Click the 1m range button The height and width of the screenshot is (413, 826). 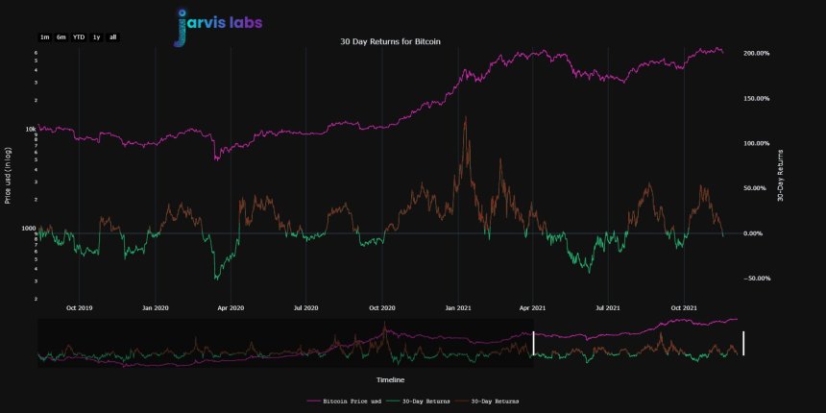44,36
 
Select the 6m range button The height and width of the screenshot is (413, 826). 61,36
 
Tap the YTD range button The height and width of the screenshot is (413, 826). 79,36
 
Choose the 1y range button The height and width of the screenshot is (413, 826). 96,36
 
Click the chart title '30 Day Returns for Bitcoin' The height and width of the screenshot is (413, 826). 391,41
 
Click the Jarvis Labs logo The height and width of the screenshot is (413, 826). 219,24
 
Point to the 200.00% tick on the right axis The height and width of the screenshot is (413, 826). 757,53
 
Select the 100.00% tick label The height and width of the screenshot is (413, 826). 757,143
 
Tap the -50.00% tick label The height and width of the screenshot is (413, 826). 757,279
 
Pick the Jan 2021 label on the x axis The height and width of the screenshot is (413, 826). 457,308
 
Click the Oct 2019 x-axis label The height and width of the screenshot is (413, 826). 80,308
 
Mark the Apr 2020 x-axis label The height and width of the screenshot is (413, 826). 231,308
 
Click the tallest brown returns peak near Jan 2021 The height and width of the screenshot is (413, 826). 466,118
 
